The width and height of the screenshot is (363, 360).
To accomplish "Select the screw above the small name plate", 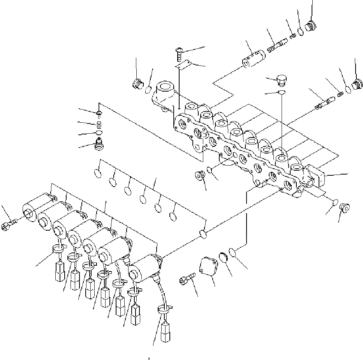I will tap(180, 52).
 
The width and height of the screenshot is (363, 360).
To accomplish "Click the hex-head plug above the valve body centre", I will tap(281, 80).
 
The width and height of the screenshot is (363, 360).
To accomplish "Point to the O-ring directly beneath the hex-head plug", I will tap(281, 92).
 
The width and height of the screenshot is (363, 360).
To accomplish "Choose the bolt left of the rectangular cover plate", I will tap(185, 280).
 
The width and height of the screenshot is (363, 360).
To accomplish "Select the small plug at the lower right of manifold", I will tap(344, 207).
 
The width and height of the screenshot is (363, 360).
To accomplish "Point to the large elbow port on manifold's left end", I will tap(162, 93).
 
